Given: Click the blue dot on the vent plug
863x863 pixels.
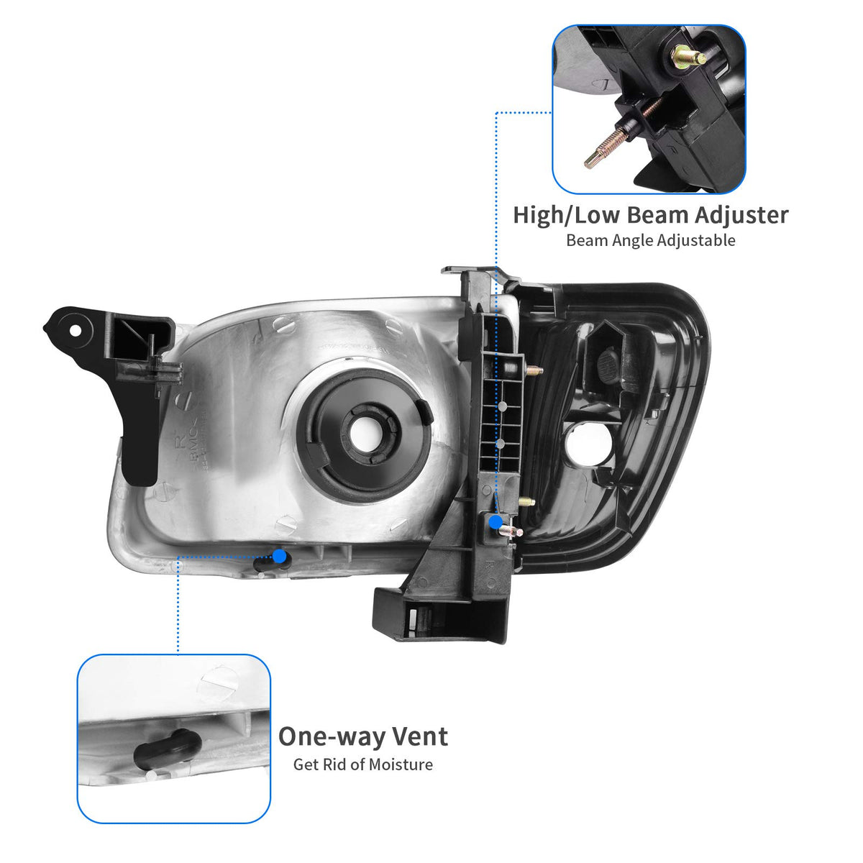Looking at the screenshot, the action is (x=280, y=556).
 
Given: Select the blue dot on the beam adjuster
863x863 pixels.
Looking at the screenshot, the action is (x=496, y=521).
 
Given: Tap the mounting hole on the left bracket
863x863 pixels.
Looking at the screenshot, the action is (x=76, y=331).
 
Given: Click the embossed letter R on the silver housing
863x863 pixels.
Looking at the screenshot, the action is (x=181, y=442).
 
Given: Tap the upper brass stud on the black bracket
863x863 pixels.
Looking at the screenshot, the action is (x=534, y=370).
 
